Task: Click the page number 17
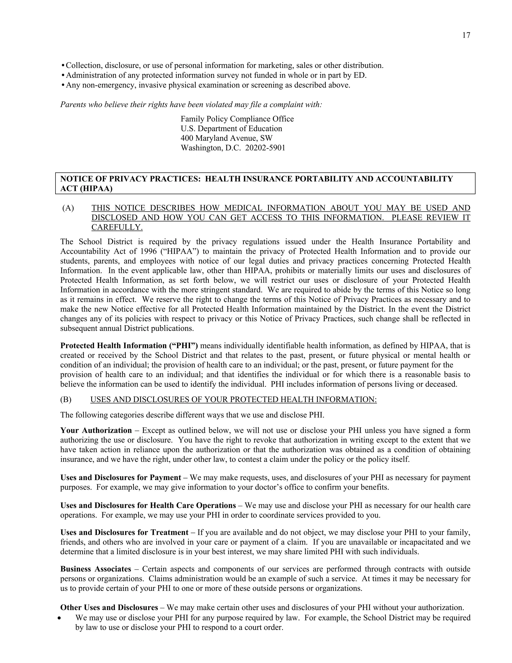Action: [x=466, y=36]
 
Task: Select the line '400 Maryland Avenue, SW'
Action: [x=226, y=138]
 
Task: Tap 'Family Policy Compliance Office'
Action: [x=237, y=119]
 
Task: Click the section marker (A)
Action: [x=68, y=208]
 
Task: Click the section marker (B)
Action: [x=66, y=400]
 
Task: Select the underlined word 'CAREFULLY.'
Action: [x=117, y=227]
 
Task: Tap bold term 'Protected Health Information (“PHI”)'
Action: [x=129, y=346]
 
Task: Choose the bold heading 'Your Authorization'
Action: [x=96, y=431]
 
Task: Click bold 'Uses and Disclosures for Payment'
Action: [x=120, y=478]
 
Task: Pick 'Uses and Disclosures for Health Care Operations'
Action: [x=148, y=505]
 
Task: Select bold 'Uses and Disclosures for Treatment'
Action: [x=124, y=532]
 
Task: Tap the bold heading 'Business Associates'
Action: [x=95, y=569]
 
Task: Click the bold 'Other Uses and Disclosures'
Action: [x=109, y=607]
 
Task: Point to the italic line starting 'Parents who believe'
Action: [x=191, y=105]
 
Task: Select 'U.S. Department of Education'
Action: [x=231, y=129]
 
